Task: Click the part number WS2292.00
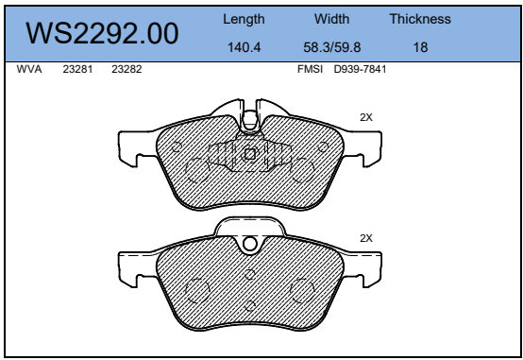[102, 33]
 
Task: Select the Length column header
[244, 19]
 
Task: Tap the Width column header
[332, 19]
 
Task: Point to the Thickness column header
[420, 19]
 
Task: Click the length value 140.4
[244, 47]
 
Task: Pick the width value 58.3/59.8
[332, 47]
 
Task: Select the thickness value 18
[420, 47]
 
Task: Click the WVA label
[29, 69]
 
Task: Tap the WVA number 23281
[77, 69]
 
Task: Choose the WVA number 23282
[127, 69]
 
